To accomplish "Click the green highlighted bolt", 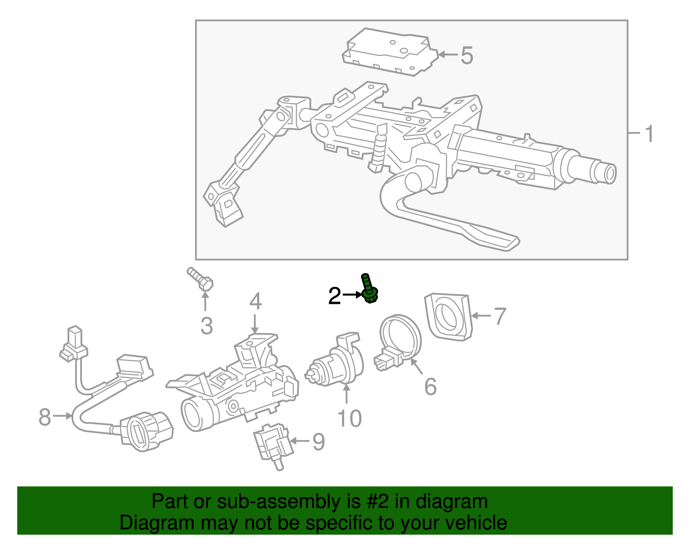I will point(369,289).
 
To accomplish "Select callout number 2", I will point(335,296).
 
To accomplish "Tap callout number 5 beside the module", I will point(467,56).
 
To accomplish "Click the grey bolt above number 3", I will point(201,279).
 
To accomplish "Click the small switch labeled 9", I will point(272,444).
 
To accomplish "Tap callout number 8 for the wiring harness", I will point(45,417).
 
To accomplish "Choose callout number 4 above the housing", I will point(255,301).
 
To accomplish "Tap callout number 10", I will point(349,418).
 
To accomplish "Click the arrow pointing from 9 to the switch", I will point(300,441).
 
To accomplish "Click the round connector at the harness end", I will point(147,432).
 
